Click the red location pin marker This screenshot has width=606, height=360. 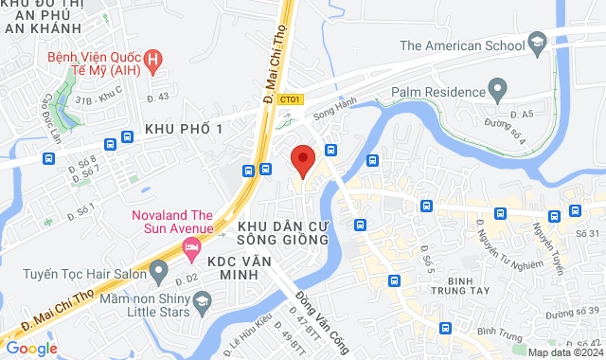[302, 160]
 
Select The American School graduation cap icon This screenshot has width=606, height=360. [538, 44]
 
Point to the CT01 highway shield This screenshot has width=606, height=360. [294, 99]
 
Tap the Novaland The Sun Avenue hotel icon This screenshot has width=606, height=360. [190, 246]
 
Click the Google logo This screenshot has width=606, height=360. [31, 348]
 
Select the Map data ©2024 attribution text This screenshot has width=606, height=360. [564, 352]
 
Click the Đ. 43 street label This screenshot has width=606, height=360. [157, 97]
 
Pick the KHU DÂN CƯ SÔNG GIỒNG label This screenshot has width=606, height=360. [283, 234]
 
